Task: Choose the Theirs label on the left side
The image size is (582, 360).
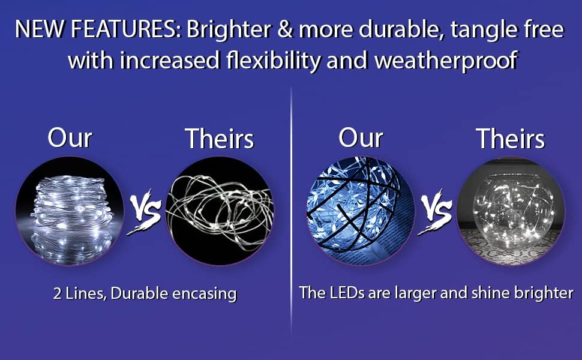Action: pyautogui.click(x=219, y=139)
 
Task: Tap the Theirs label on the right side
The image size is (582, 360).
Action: pyautogui.click(x=510, y=139)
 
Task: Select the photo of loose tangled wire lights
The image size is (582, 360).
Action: pyautogui.click(x=219, y=211)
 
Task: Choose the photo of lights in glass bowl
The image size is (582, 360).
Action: pyautogui.click(x=511, y=211)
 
